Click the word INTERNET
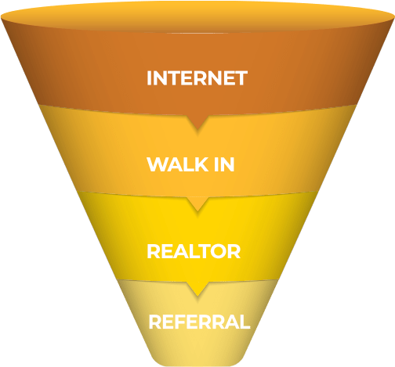(197, 78)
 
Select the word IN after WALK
(224, 164)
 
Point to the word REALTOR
(194, 251)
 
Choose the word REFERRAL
(199, 322)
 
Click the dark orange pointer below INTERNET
(197, 121)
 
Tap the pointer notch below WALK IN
(197, 203)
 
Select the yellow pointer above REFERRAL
(197, 289)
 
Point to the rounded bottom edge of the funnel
(197, 364)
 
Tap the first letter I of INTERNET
(149, 78)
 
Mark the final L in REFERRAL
(245, 322)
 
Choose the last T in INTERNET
(240, 78)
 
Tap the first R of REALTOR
(154, 251)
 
